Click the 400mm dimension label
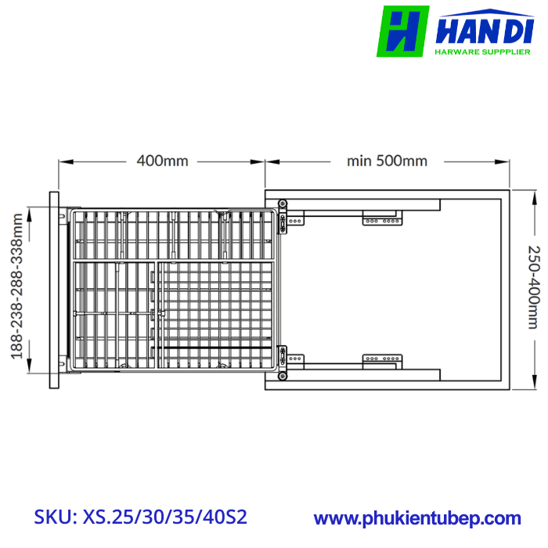point(163,161)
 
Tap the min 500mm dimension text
point(387,161)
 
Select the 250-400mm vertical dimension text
point(534,287)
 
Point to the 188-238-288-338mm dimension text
point(16,287)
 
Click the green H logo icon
point(402,31)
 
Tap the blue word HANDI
point(485,31)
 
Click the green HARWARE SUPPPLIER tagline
point(483,52)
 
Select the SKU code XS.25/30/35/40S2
point(164,517)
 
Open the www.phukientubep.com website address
point(417,518)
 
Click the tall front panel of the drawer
point(54,290)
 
